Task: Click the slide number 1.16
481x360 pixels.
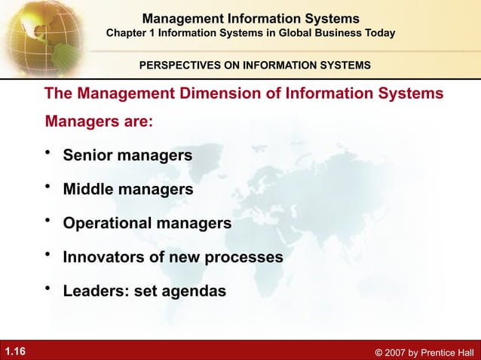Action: coord(15,351)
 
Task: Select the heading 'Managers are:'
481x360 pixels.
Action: coord(100,121)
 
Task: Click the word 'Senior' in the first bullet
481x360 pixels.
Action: coord(87,156)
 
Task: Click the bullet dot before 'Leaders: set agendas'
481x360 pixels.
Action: coord(49,287)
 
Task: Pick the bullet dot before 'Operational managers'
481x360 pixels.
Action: coord(49,220)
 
